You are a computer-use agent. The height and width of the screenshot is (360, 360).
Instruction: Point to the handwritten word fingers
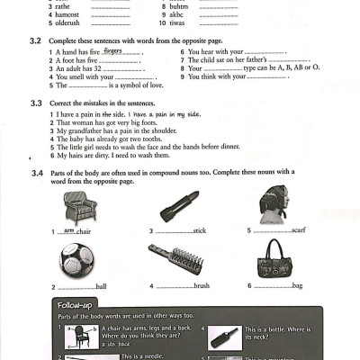click(x=113, y=51)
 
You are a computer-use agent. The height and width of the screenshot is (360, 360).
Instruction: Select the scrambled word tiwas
click(x=176, y=22)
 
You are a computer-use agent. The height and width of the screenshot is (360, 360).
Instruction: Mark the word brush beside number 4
click(x=201, y=286)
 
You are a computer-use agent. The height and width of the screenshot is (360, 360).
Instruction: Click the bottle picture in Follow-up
click(x=224, y=339)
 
